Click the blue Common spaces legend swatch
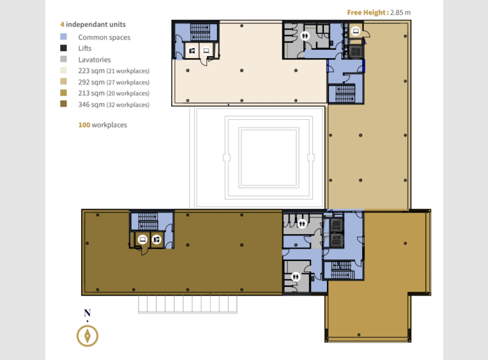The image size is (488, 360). pyautogui.click(x=63, y=36)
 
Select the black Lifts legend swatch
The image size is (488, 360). pyautogui.click(x=63, y=48)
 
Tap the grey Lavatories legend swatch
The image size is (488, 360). pyautogui.click(x=63, y=59)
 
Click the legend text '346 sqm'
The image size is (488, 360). pyautogui.click(x=91, y=105)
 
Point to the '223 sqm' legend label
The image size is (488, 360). pyautogui.click(x=91, y=71)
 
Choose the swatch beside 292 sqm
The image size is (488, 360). pyautogui.click(x=63, y=82)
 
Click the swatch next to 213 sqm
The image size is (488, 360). pyautogui.click(x=63, y=93)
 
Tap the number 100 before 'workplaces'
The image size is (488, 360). pyautogui.click(x=84, y=125)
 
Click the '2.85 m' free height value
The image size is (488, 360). pyautogui.click(x=400, y=12)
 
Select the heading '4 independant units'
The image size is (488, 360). pyautogui.click(x=93, y=24)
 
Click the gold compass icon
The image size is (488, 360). pyautogui.click(x=88, y=336)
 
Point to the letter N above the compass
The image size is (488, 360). pyautogui.click(x=88, y=313)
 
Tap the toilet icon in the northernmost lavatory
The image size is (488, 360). pyautogui.click(x=305, y=36)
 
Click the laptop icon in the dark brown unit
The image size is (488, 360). pyautogui.click(x=142, y=239)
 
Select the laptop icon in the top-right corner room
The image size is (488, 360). pyautogui.click(x=356, y=31)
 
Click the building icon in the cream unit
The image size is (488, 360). pyautogui.click(x=192, y=50)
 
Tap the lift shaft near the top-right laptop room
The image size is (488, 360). pyautogui.click(x=355, y=51)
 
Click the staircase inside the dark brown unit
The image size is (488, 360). pyautogui.click(x=148, y=221)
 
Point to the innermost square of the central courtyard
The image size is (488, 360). pyautogui.click(x=268, y=158)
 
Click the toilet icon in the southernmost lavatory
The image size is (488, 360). pyautogui.click(x=296, y=276)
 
